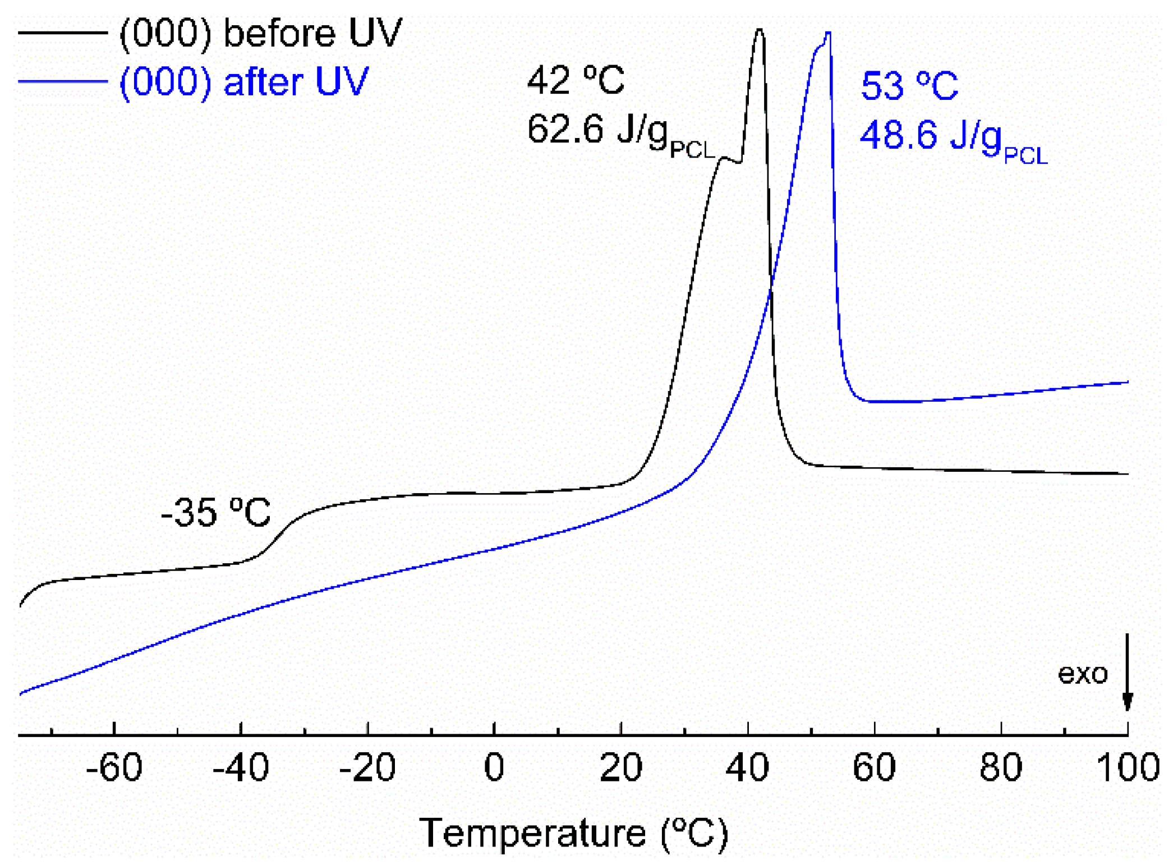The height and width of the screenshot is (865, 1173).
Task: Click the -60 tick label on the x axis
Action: coord(114,767)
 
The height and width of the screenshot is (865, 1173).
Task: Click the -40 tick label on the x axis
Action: coord(241,767)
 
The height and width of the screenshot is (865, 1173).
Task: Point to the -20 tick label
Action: coord(367,767)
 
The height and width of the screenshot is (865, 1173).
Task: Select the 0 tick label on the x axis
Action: coord(494,767)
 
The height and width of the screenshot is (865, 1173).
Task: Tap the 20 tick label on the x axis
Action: coord(620,767)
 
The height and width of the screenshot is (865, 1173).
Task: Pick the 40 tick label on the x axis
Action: coord(747,767)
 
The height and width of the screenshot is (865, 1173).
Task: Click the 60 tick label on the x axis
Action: coord(874,767)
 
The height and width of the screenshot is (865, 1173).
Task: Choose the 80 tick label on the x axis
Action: coord(1001,767)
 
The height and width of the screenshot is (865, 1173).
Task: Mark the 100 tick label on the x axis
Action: coord(1128,767)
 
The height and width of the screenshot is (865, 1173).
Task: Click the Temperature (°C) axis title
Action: coord(573,834)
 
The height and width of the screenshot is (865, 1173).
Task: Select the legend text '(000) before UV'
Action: coord(261,33)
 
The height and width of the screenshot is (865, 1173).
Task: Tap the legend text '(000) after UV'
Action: coord(244,82)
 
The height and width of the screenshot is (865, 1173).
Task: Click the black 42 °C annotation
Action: coord(576,80)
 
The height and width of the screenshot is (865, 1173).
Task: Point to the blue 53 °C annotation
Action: coord(909,86)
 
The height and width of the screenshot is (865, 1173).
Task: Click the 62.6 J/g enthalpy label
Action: coord(620,132)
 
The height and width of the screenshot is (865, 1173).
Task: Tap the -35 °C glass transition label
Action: coord(215,512)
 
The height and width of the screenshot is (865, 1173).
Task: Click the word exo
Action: coord(1082,673)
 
